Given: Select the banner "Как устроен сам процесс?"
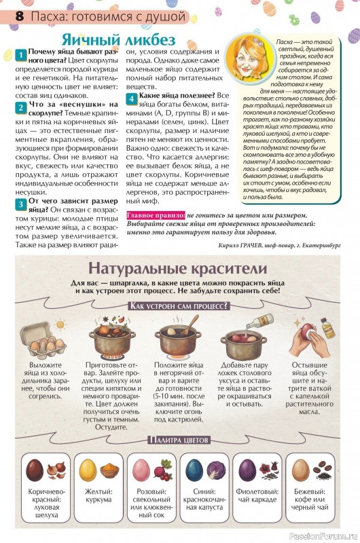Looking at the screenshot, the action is tap(179, 306).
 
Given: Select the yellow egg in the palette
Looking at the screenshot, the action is tap(88, 470).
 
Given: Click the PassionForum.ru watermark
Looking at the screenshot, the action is tap(323, 536).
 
